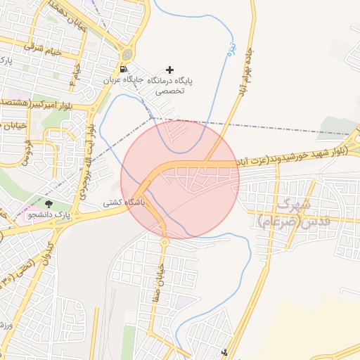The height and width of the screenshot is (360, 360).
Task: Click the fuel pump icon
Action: click(x=124, y=70)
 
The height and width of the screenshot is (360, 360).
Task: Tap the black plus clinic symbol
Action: click(x=169, y=70)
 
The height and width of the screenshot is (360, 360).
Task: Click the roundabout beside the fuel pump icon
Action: click(x=127, y=55)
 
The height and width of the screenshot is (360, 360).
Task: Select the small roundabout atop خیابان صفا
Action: click(x=164, y=242)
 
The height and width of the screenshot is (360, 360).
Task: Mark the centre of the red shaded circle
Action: click(x=180, y=179)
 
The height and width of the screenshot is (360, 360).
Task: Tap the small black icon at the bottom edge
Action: click(x=225, y=352)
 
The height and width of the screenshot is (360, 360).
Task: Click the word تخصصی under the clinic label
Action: click(x=169, y=91)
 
